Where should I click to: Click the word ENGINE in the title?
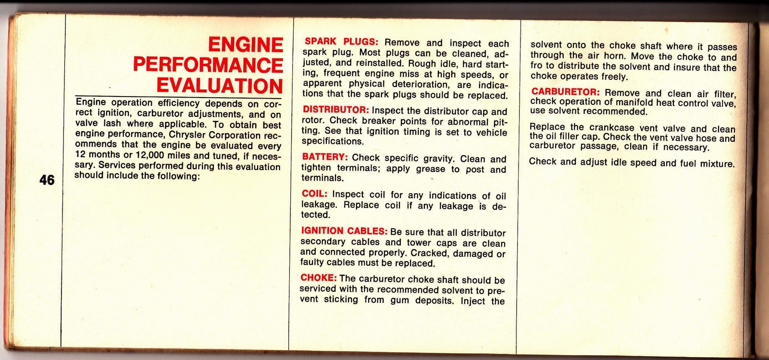point(246,45)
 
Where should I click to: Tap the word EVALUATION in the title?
point(220,86)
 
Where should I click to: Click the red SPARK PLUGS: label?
point(342,42)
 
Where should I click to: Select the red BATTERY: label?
point(325,157)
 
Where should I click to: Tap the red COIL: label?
point(314,194)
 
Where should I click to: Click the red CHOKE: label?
point(318,278)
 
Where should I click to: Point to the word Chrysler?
point(185,135)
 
